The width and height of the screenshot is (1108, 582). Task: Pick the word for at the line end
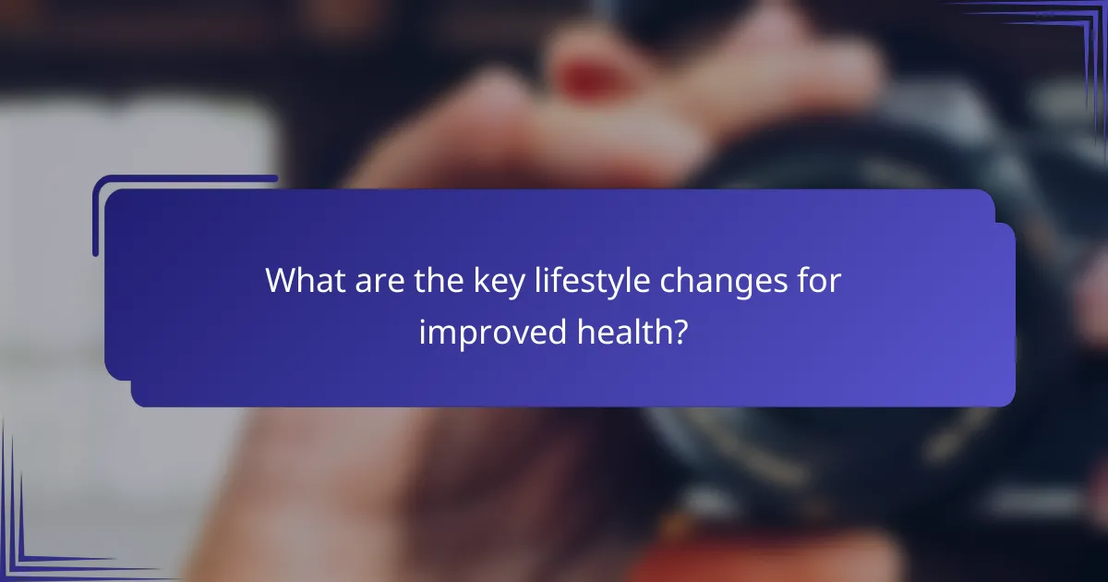[x=816, y=281]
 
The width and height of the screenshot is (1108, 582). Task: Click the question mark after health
[x=680, y=331]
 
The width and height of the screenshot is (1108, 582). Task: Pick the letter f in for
[x=799, y=280]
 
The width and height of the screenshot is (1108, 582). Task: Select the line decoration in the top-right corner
[x=1062, y=37]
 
